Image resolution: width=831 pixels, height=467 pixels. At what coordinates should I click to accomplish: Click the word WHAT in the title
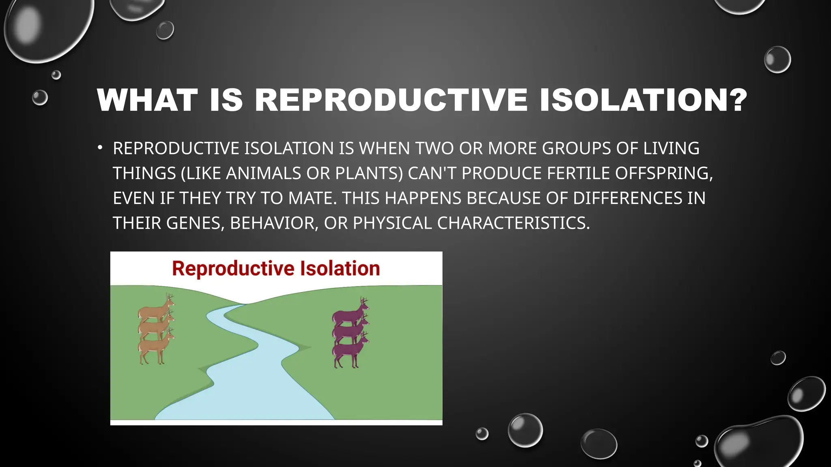(147, 100)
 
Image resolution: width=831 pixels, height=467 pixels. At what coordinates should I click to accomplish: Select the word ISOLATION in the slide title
(635, 100)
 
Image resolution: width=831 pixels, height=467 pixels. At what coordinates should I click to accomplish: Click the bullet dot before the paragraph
(100, 148)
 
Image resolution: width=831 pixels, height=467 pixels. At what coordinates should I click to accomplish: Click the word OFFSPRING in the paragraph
(661, 173)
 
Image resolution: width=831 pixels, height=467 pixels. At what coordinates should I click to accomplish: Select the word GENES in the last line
(193, 223)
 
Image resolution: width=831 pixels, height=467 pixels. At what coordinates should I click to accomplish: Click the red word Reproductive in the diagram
(233, 268)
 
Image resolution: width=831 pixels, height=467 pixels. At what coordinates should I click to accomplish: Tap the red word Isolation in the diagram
(340, 268)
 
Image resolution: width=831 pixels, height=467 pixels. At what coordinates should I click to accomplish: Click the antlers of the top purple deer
(364, 301)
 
